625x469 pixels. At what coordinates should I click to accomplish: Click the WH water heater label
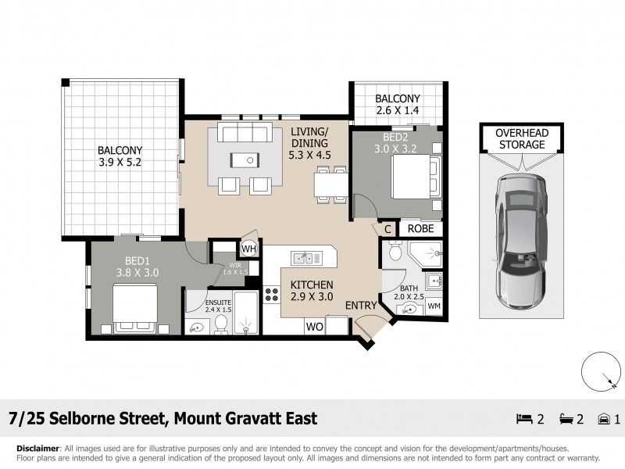point(248,249)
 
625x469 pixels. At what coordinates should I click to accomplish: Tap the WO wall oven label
point(315,327)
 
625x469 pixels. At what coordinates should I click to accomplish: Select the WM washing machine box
point(434,306)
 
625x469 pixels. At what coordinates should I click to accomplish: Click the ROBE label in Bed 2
point(421,228)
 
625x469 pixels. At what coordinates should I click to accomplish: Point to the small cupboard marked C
point(387,229)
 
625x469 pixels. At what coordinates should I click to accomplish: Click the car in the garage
point(521,241)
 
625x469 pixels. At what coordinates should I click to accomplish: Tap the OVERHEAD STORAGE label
point(522,139)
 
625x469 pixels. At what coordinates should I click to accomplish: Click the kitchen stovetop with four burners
point(272,295)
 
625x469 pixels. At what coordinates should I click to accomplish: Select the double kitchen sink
point(306,258)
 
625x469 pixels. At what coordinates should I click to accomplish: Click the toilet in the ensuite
point(220,324)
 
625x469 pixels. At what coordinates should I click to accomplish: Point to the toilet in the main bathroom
point(395,251)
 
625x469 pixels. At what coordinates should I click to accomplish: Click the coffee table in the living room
point(245,160)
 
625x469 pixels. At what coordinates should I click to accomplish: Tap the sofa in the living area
point(245,132)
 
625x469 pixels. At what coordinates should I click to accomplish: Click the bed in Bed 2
point(416,177)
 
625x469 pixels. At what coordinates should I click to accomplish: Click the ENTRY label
point(361,306)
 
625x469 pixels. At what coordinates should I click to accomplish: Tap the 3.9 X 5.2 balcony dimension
point(120,163)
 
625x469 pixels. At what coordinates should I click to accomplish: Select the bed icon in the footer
point(524,419)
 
